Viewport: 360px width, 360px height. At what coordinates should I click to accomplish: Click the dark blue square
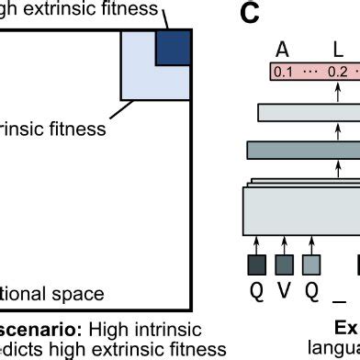point(173,49)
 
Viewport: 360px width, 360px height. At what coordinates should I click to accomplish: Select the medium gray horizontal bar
point(303,150)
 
